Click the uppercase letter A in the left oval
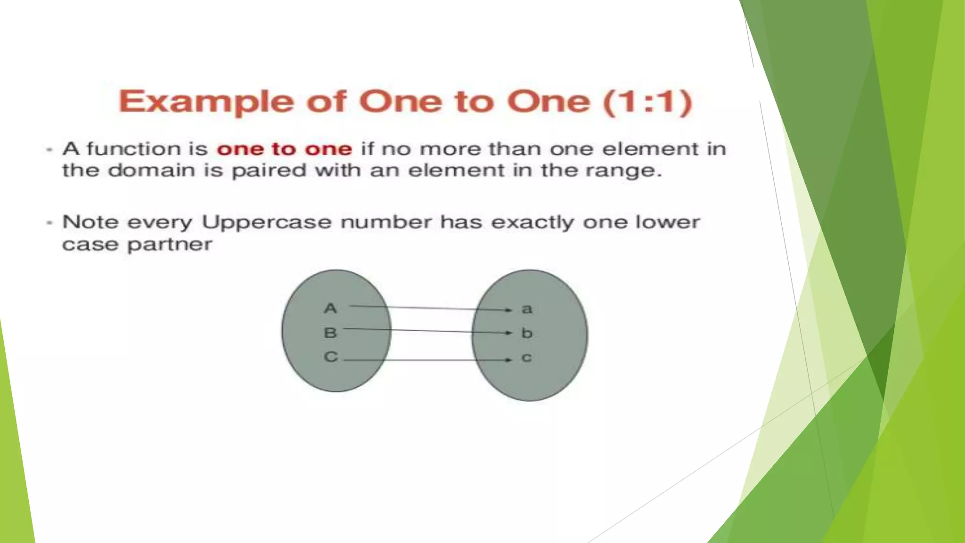tap(330, 308)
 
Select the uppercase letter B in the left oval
tap(330, 333)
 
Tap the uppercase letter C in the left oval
tap(331, 357)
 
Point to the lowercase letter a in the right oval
tap(527, 309)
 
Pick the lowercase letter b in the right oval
tap(527, 333)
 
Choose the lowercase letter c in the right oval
tap(527, 358)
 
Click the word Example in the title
tap(206, 102)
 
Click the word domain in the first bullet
tap(151, 170)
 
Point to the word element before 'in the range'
tap(456, 170)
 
